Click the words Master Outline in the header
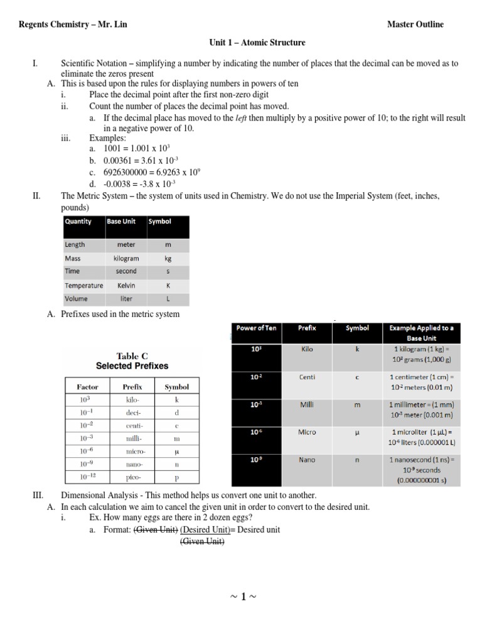[x=415, y=24]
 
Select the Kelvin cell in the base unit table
[x=126, y=285]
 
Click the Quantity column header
[x=78, y=221]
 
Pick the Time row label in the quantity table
[x=72, y=271]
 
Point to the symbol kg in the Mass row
[x=168, y=258]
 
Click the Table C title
[x=132, y=355]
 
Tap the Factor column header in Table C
[x=87, y=387]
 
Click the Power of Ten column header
[x=256, y=328]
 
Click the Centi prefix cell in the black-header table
[x=308, y=377]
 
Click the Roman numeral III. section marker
[x=37, y=495]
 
